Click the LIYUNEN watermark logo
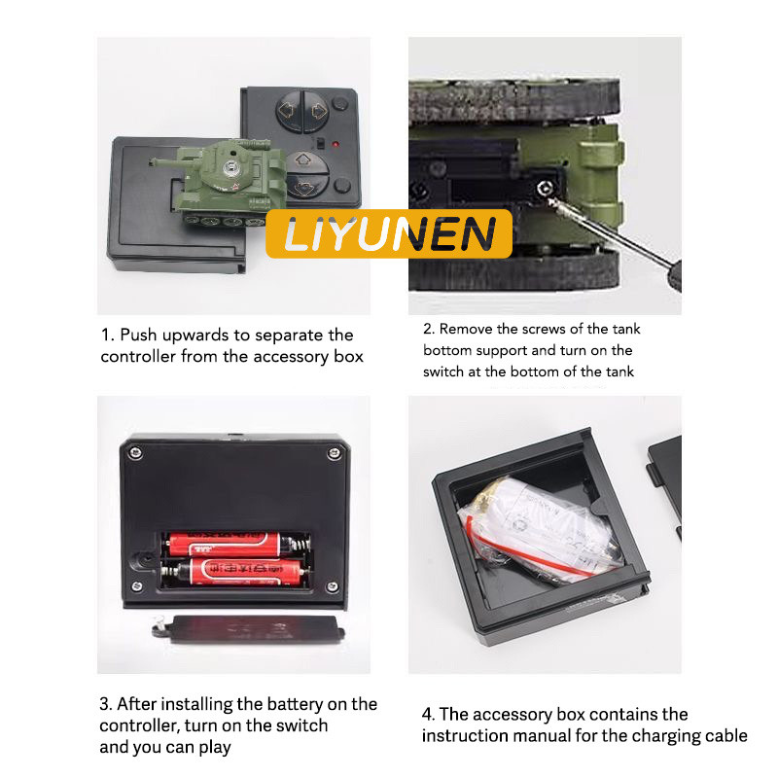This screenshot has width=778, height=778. [389, 233]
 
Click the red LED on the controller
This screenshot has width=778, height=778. [336, 144]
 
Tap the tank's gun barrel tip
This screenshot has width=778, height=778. [152, 161]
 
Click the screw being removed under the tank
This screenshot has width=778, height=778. [545, 189]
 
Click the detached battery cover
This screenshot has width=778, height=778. [248, 629]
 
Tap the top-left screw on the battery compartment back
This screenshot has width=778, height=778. [135, 452]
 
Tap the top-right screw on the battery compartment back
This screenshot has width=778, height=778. [334, 453]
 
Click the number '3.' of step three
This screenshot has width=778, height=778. [106, 704]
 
